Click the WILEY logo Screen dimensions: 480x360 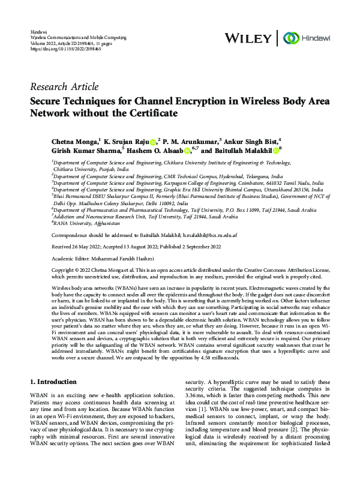247,38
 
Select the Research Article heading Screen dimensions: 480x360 64,86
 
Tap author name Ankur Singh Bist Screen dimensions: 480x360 252,141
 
